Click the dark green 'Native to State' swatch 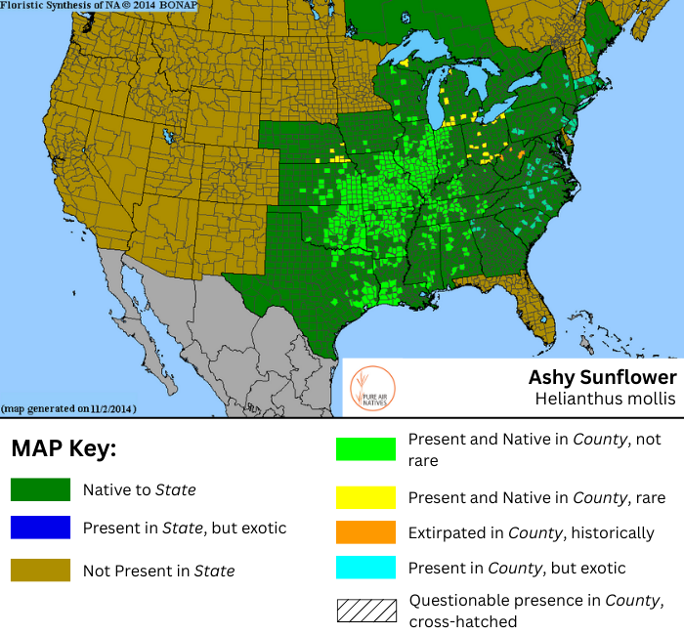pyautogui.click(x=40, y=489)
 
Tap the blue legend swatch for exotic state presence pyautogui.click(x=40, y=528)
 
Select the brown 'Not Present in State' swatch pyautogui.click(x=40, y=570)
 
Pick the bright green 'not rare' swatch pyautogui.click(x=365, y=449)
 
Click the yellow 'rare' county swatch pyautogui.click(x=365, y=497)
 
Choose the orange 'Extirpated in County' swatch pyautogui.click(x=365, y=532)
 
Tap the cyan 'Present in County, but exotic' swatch pyautogui.click(x=365, y=568)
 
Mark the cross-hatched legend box pyautogui.click(x=365, y=611)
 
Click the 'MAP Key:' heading pyautogui.click(x=64, y=449)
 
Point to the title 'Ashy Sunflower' pyautogui.click(x=602, y=377)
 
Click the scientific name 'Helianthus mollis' pyautogui.click(x=605, y=399)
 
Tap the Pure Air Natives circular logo pyautogui.click(x=372, y=388)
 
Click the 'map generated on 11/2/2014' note pyautogui.click(x=68, y=408)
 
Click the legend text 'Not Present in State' pyautogui.click(x=158, y=571)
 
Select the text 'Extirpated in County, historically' pyautogui.click(x=531, y=533)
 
